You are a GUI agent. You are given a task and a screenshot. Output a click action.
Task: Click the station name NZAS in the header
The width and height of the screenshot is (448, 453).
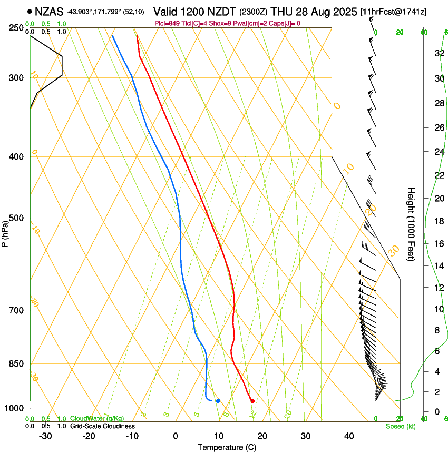[x=49, y=11]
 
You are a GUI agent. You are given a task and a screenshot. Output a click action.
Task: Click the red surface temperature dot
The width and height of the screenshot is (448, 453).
[x=252, y=401]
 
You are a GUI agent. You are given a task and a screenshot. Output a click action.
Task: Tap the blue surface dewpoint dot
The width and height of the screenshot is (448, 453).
[x=218, y=401]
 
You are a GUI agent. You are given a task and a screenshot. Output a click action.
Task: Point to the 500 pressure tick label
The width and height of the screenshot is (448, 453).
[x=16, y=218]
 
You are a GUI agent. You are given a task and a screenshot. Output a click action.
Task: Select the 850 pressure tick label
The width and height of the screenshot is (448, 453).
[x=16, y=364]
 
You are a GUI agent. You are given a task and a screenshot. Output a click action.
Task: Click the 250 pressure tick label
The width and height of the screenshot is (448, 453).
[x=16, y=27]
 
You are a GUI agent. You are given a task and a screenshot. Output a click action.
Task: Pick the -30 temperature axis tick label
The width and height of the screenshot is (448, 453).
[x=45, y=436]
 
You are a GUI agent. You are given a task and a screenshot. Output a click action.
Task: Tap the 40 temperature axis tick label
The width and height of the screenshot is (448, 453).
[x=349, y=436]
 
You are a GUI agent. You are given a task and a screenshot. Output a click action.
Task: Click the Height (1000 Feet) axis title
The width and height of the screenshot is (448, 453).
[x=411, y=224]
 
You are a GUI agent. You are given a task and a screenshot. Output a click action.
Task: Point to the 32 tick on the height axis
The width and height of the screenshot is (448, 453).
[x=439, y=53]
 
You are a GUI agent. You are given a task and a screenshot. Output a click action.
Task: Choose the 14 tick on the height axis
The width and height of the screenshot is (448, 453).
[x=439, y=265]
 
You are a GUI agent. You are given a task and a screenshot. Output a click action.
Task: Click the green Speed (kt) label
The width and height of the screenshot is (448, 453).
[x=401, y=426]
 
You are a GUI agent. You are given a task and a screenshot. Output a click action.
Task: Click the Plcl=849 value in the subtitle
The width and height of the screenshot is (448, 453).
[x=168, y=23]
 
